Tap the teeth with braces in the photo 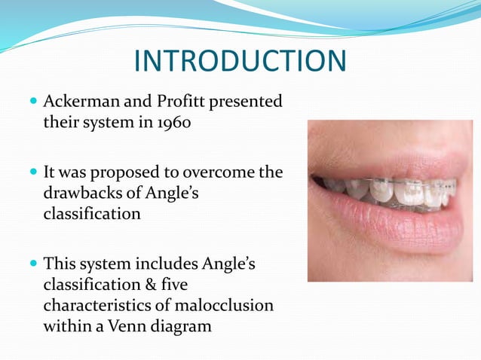coord(400,192)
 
